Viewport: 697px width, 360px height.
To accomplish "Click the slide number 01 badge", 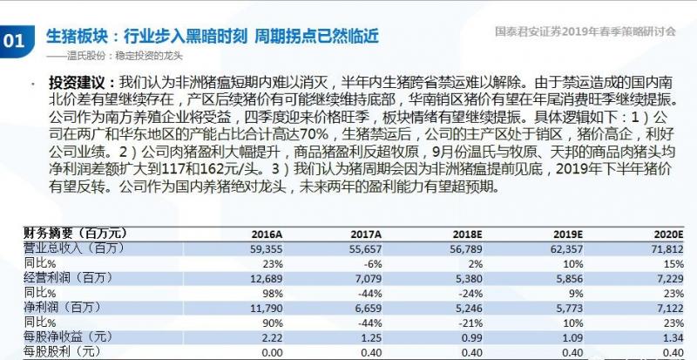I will click(14, 39).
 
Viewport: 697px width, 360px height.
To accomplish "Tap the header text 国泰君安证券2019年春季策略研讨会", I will click(585, 31).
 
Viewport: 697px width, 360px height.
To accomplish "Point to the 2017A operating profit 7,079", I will click(367, 278).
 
